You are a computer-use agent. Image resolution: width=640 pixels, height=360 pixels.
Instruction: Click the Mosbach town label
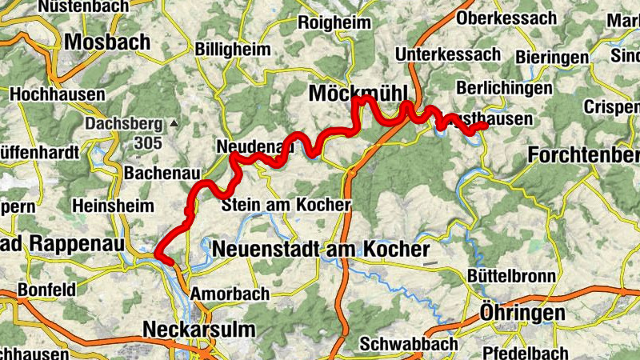(x=108, y=41)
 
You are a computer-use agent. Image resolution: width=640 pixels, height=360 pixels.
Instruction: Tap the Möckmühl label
(x=358, y=94)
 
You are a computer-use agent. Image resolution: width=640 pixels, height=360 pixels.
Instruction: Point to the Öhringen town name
(x=522, y=312)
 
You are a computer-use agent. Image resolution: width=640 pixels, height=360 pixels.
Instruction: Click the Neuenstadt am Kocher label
(x=321, y=250)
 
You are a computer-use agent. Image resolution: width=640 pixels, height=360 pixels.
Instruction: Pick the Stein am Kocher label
(x=286, y=205)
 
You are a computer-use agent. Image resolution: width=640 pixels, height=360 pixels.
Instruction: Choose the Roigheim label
(x=335, y=22)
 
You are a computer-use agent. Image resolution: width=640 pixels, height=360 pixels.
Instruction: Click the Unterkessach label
(x=449, y=54)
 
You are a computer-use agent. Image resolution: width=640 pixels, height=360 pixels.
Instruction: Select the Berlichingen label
(x=503, y=88)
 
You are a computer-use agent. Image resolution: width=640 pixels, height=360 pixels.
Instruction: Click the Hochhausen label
(x=57, y=94)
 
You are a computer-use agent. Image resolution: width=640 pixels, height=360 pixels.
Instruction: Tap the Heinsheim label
(x=113, y=206)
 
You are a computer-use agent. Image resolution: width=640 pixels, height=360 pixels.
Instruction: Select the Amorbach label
(x=230, y=294)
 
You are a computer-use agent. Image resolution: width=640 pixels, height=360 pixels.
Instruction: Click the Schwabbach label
(x=409, y=344)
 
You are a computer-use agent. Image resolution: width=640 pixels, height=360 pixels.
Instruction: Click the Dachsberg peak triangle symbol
(x=174, y=123)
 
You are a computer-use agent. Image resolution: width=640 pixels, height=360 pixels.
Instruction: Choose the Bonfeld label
(x=46, y=289)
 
